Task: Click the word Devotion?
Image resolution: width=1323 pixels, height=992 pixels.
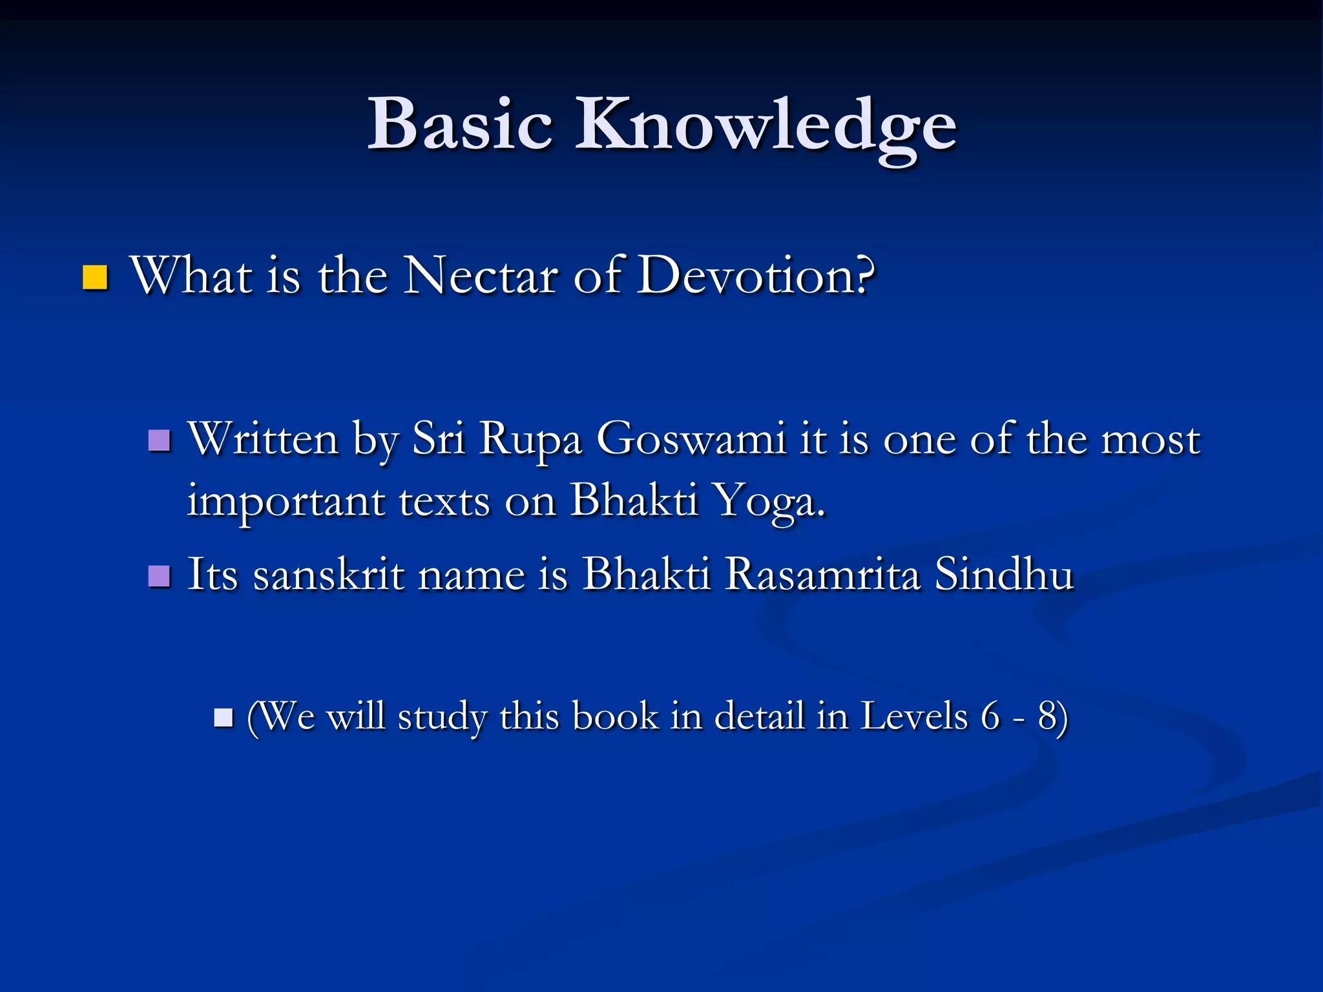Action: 756,276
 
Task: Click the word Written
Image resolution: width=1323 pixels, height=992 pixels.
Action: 263,439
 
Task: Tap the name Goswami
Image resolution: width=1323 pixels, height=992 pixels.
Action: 691,439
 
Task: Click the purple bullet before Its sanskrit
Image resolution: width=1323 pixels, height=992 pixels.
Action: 159,575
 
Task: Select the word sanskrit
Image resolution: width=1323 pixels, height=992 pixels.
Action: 328,575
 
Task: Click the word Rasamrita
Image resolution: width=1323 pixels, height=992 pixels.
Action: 822,573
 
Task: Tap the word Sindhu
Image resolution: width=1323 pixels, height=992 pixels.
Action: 1004,573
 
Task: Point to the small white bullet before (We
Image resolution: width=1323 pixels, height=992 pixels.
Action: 224,718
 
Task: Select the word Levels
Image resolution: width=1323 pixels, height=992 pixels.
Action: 914,716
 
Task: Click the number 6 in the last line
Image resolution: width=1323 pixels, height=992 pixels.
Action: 990,716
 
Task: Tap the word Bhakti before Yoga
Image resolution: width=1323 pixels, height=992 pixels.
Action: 634,501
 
